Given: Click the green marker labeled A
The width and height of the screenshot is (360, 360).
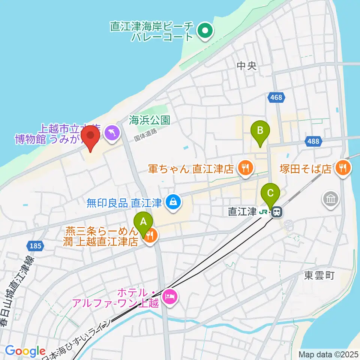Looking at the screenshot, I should coord(143,223).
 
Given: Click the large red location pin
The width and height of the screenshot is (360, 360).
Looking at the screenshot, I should coord(90,137).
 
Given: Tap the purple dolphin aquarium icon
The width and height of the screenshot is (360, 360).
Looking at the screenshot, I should coord(112,132).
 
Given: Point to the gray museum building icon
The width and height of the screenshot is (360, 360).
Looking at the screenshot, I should coord(330,199).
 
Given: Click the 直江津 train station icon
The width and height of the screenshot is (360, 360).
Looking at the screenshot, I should coord(277,212).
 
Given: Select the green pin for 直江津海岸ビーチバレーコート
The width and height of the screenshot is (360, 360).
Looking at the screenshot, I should coord(205,32).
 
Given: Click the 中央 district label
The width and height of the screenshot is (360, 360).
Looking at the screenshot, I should coord(247,66).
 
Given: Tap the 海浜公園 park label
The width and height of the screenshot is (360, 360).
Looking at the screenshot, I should coord(150,120).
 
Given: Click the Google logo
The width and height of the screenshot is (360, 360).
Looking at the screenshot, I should coord(25,351).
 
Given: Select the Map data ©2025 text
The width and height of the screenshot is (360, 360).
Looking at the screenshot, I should coord(328,354).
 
